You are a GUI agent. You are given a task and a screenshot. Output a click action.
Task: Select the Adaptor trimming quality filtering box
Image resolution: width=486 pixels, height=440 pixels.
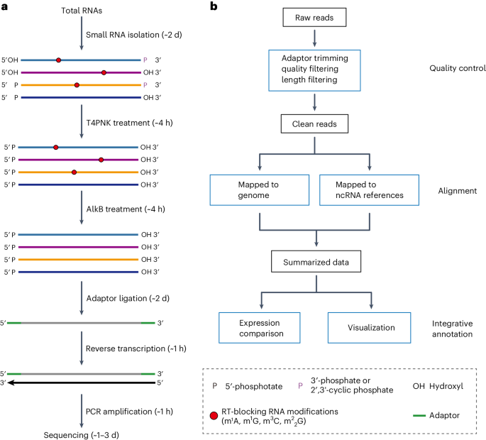coord(313,69)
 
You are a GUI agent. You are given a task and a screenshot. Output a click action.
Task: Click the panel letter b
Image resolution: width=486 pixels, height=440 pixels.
coord(215,6)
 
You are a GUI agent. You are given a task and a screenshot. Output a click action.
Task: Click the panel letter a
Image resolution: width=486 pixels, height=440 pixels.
coord(5,6)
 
